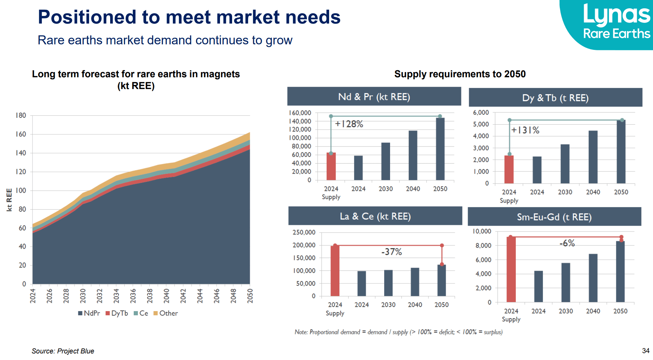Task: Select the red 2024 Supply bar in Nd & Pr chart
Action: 331,167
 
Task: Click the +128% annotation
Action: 349,124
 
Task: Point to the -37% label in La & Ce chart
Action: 391,252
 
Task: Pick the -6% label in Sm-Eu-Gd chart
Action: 567,243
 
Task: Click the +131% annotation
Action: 525,130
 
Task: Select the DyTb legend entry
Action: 117,313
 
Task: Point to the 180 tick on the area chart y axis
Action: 21,115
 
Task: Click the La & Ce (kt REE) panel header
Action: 375,216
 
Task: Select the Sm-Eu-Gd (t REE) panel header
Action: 554,217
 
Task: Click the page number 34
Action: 645,351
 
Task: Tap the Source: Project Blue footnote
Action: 63,351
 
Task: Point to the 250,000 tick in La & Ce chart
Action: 304,232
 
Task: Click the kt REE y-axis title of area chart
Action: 9,200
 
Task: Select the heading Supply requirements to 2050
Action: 460,74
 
